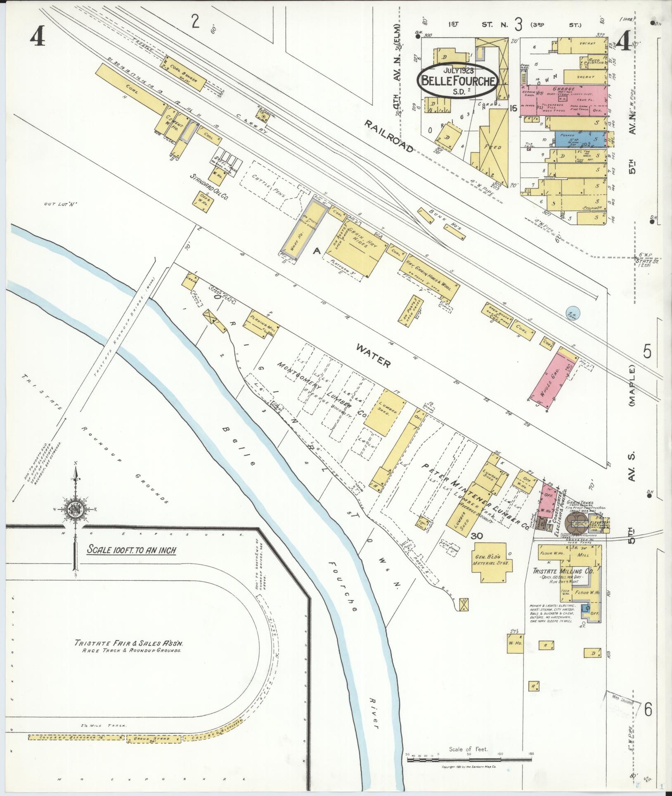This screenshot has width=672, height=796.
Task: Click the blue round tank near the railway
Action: [573, 315]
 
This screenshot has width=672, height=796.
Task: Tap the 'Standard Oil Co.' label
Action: [209, 186]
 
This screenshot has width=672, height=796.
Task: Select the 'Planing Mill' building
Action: [263, 322]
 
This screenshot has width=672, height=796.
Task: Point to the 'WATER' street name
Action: [373, 356]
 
